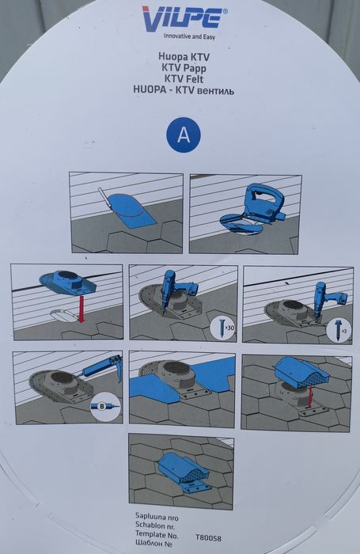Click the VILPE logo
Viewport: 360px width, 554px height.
pyautogui.click(x=184, y=18)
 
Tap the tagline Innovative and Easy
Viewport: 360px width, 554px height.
pyautogui.click(x=189, y=36)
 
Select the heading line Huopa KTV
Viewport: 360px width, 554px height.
pyautogui.click(x=184, y=56)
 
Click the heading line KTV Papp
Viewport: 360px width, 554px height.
pyautogui.click(x=184, y=68)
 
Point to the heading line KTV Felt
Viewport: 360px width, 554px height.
pyautogui.click(x=184, y=79)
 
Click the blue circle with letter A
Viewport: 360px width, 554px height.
pyautogui.click(x=184, y=135)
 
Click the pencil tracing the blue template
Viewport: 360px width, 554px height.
pyautogui.click(x=105, y=199)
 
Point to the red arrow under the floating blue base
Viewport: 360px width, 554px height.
pyautogui.click(x=81, y=309)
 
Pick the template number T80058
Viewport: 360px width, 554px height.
pyautogui.click(x=208, y=538)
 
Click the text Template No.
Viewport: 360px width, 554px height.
pyautogui.click(x=157, y=534)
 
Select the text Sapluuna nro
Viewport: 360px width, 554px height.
pyautogui.click(x=157, y=518)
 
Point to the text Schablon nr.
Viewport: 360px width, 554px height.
pyautogui.click(x=155, y=526)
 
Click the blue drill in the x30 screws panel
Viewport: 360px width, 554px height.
pyautogui.click(x=178, y=290)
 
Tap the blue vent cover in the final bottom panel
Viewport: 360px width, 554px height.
pyautogui.click(x=182, y=469)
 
